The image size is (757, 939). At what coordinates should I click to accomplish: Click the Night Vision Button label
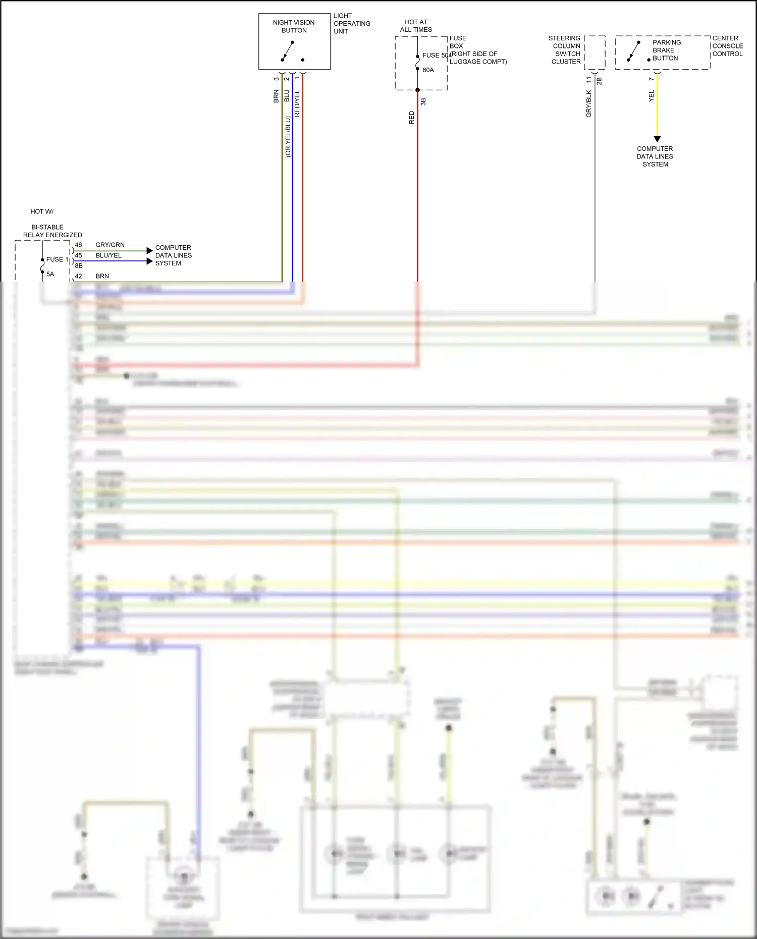(x=294, y=26)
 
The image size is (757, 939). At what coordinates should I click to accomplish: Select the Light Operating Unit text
(x=351, y=24)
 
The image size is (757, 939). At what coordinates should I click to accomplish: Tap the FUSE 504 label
(x=437, y=56)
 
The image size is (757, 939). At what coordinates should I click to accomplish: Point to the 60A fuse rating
(x=428, y=70)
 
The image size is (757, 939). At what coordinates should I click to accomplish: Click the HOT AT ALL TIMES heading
(x=416, y=26)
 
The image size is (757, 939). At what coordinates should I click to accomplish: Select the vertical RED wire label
(x=411, y=118)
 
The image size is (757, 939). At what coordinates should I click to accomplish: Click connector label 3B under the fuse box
(x=423, y=101)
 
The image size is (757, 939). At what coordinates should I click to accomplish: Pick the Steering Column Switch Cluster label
(x=565, y=50)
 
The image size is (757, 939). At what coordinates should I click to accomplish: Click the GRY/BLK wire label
(x=588, y=104)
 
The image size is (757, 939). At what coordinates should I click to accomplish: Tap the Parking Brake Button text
(x=666, y=50)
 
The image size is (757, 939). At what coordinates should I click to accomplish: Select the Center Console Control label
(x=727, y=46)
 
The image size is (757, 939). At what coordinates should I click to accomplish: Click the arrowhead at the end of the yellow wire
(x=657, y=139)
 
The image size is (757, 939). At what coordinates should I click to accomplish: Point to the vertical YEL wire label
(x=651, y=96)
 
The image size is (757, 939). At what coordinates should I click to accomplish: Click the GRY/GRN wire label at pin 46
(x=110, y=245)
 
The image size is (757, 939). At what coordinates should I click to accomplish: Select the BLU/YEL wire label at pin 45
(x=109, y=255)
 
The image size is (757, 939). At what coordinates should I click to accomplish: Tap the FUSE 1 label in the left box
(x=57, y=259)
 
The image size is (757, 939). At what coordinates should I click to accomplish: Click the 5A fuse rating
(x=50, y=274)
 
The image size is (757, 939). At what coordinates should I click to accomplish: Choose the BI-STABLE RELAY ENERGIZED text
(x=52, y=231)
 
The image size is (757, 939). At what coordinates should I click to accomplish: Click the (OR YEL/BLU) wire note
(x=288, y=137)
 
